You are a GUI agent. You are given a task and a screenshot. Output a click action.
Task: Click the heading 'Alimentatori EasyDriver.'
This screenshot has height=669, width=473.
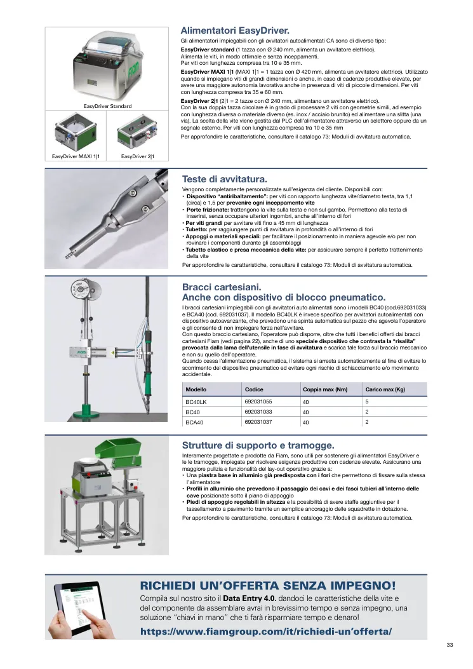coord(235,30)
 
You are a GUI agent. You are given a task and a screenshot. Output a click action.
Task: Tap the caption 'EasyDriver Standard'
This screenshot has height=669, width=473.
coord(107,106)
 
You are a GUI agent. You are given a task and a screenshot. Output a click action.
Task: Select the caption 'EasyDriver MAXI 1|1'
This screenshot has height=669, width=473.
coord(76,156)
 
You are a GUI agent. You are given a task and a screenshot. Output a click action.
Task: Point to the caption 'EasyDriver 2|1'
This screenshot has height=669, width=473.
coord(138,156)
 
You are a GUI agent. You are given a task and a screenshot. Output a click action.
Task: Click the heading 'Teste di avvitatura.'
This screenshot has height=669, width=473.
coord(224,179)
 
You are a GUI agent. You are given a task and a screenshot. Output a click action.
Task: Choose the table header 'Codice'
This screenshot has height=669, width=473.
coord(254,389)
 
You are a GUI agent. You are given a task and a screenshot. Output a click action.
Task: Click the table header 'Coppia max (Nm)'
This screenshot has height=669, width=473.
coord(325,389)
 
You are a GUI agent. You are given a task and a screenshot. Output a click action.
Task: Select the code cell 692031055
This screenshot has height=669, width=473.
coord(258,402)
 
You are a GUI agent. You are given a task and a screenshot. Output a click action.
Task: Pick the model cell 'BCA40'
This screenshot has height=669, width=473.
coord(194,422)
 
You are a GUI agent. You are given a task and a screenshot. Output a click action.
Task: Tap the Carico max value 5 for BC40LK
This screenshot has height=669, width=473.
coord(367,402)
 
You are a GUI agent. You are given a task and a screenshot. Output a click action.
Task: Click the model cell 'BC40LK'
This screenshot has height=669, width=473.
coord(196,402)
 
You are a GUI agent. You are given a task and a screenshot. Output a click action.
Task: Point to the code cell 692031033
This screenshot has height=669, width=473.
coord(258,412)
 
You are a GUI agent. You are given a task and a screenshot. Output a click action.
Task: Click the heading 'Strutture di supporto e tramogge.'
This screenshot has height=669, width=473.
coord(258,445)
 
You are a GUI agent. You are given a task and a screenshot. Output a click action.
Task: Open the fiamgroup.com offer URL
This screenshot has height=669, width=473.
coord(266,632)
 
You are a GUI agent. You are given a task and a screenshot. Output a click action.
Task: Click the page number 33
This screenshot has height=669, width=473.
coord(450,645)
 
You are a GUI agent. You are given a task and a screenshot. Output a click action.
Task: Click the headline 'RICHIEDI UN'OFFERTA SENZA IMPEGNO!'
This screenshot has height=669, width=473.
coord(268,585)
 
